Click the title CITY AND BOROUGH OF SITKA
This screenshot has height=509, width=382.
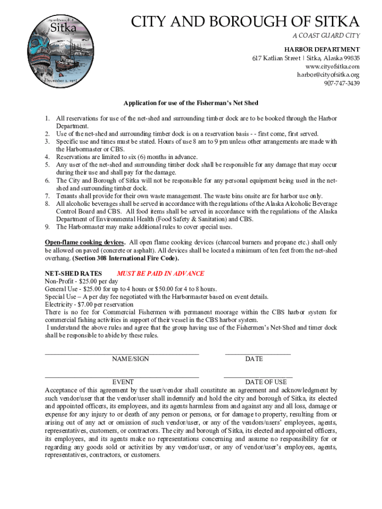coord(245,22)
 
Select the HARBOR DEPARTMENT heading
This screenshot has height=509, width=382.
coord(321,50)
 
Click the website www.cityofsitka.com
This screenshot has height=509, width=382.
coord(332,67)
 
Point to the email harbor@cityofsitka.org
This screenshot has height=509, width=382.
coord(328,75)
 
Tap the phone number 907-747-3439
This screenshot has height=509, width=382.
coord(342,83)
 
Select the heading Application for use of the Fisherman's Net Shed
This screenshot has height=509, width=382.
coord(191,103)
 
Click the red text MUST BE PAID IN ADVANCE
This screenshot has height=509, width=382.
coord(160,274)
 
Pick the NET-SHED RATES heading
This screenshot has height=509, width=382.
coord(73,274)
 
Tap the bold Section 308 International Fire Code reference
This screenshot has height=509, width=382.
coord(126,258)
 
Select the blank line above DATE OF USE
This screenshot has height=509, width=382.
coord(258,377)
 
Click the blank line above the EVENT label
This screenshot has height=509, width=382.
coord(122,377)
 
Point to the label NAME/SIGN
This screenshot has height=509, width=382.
coord(130,359)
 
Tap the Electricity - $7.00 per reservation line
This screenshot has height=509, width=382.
coord(89,304)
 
